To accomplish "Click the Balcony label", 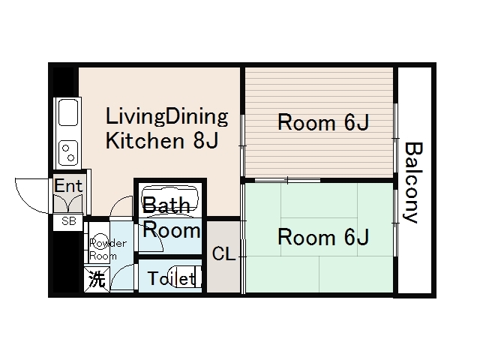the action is tap(413, 182).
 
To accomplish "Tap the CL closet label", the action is tap(223, 253).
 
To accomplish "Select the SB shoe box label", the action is tap(68, 220).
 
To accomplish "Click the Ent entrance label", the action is tap(68, 185).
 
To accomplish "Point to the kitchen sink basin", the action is tap(68, 112).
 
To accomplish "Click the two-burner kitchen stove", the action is tap(68, 153).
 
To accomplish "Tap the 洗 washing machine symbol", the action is tap(97, 279).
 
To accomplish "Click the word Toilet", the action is tap(171, 278).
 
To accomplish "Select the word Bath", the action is tap(166, 205).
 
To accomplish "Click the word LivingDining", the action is tap(166, 117).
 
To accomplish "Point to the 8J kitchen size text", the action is tap(205, 140).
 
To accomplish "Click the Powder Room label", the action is tap(107, 250).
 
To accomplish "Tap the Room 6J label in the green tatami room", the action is tap(323, 237).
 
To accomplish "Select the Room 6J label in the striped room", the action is tap(323, 122).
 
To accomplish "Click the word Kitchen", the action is tap(145, 140).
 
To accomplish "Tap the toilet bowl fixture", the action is tap(187, 277).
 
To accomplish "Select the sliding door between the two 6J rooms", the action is tap(288, 180).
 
